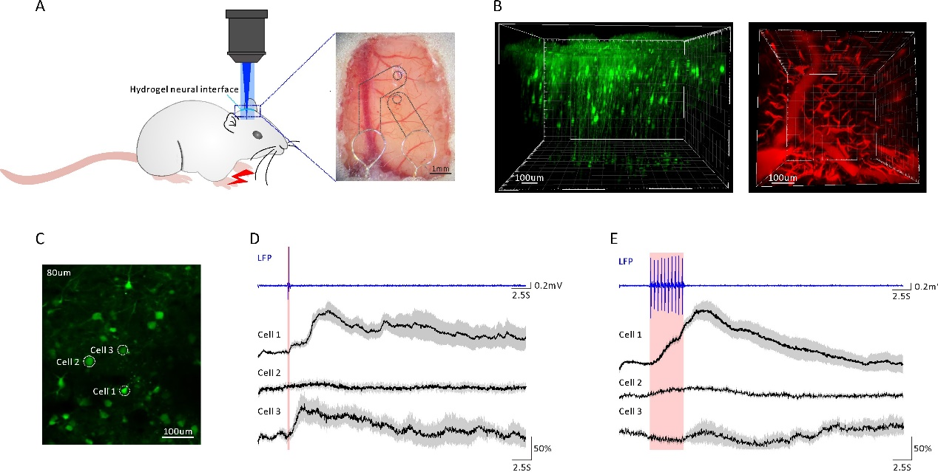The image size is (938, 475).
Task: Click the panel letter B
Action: click(x=497, y=7)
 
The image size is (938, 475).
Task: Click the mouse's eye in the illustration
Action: click(x=256, y=134)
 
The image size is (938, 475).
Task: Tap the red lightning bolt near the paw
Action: click(x=242, y=177)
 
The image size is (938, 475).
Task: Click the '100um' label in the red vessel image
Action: click(x=782, y=178)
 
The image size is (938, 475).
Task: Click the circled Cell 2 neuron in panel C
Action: click(x=90, y=361)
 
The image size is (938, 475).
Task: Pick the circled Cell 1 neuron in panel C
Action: click(x=124, y=390)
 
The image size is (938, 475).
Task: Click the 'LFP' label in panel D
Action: click(x=266, y=258)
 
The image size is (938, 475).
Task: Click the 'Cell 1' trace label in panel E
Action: click(x=630, y=335)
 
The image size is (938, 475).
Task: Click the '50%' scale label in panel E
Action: click(x=922, y=448)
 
